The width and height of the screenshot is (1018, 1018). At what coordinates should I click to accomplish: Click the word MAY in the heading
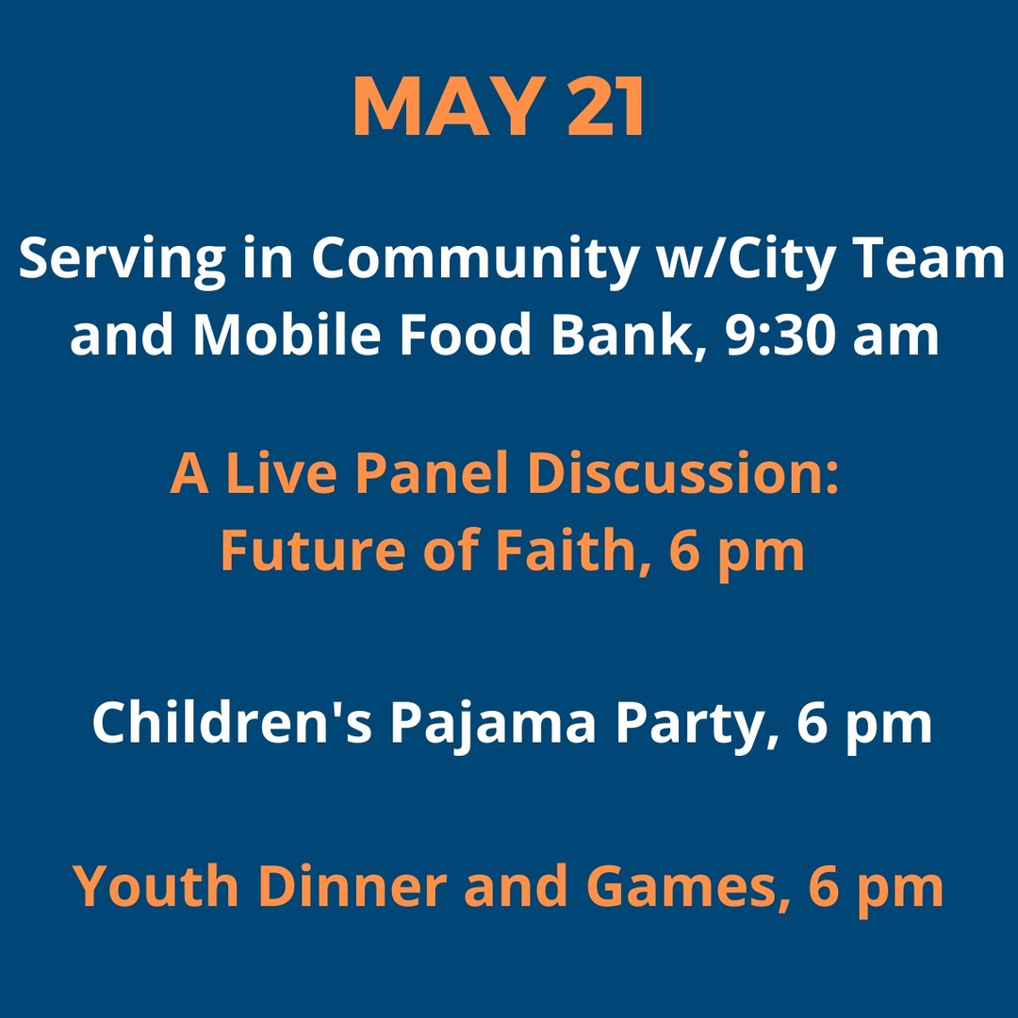click(x=449, y=106)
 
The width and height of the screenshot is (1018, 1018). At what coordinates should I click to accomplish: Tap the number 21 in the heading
click(x=605, y=106)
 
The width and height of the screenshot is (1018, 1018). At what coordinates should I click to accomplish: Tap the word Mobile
click(x=287, y=334)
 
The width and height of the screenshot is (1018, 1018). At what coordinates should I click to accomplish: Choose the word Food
click(x=465, y=334)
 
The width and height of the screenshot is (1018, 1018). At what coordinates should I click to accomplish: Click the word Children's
click(x=232, y=722)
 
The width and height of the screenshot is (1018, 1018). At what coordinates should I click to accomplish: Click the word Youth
click(x=156, y=885)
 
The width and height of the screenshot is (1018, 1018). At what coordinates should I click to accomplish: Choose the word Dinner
click(x=353, y=885)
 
